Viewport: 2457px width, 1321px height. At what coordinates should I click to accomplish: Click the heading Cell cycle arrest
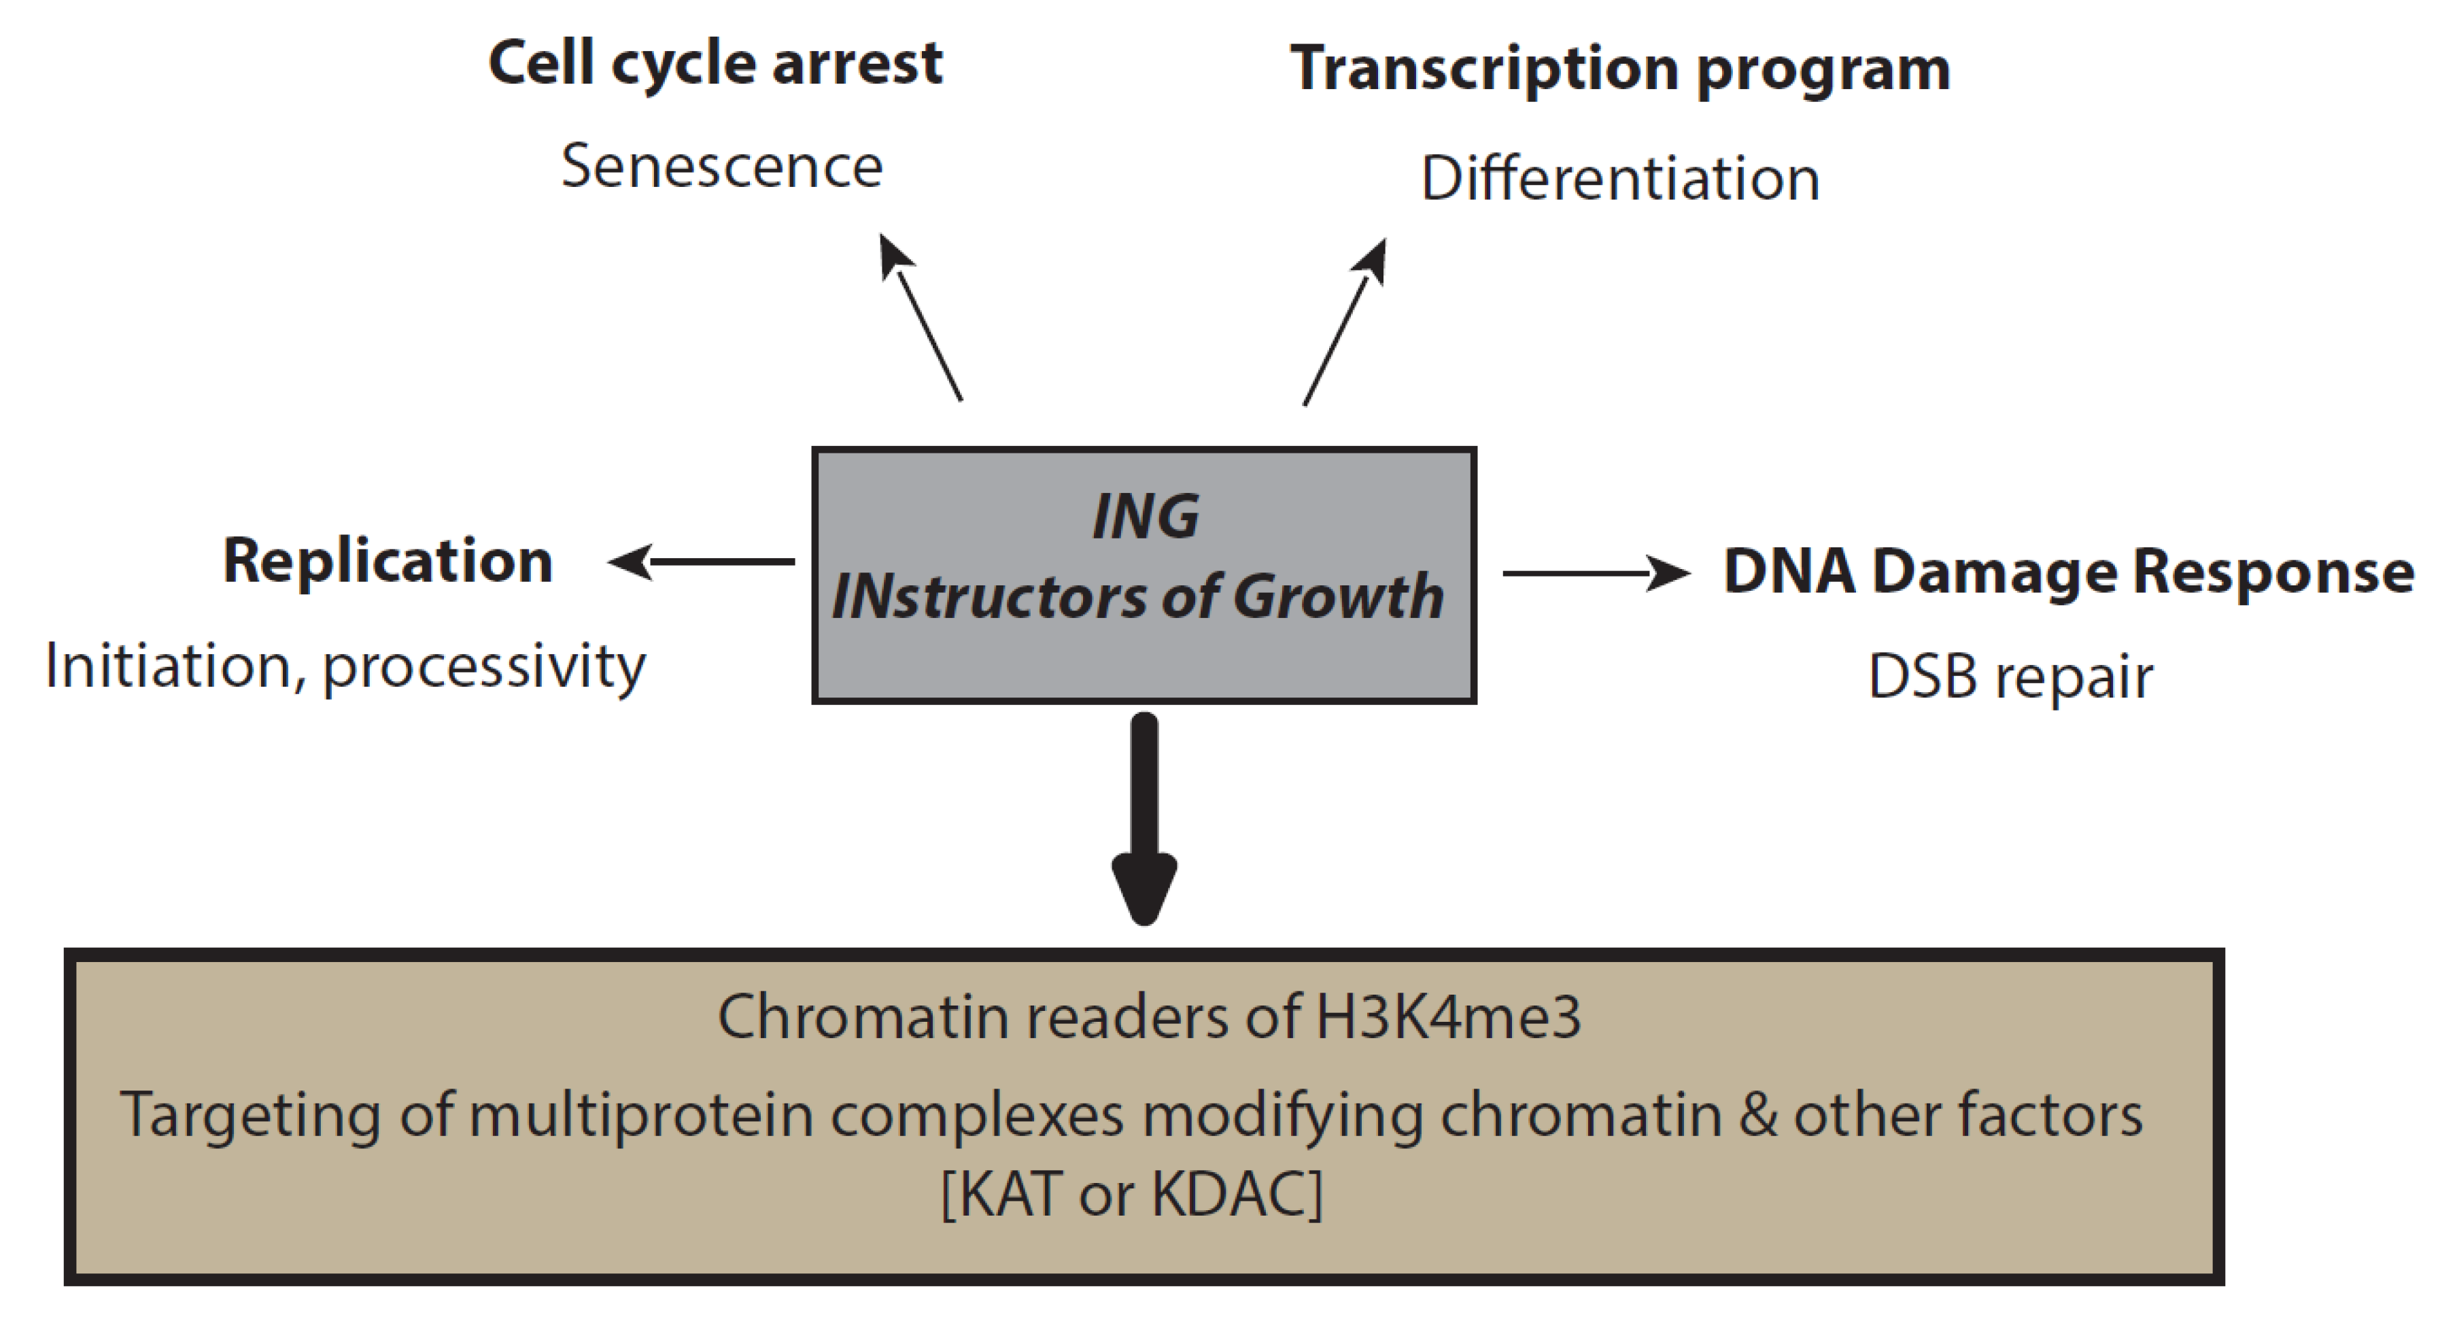click(715, 64)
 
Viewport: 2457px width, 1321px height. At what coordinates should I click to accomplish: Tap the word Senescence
click(722, 167)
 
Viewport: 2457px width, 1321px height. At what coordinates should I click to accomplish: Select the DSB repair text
click(2010, 677)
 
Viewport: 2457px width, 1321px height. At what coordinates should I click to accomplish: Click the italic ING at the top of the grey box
click(1145, 517)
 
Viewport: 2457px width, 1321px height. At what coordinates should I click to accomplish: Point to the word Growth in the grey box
click(1338, 597)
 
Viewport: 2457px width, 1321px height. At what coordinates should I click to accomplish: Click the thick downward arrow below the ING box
click(1145, 820)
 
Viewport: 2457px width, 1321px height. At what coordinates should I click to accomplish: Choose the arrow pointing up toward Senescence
click(921, 319)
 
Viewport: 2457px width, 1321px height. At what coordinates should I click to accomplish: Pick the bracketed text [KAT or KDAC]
click(1132, 1193)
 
